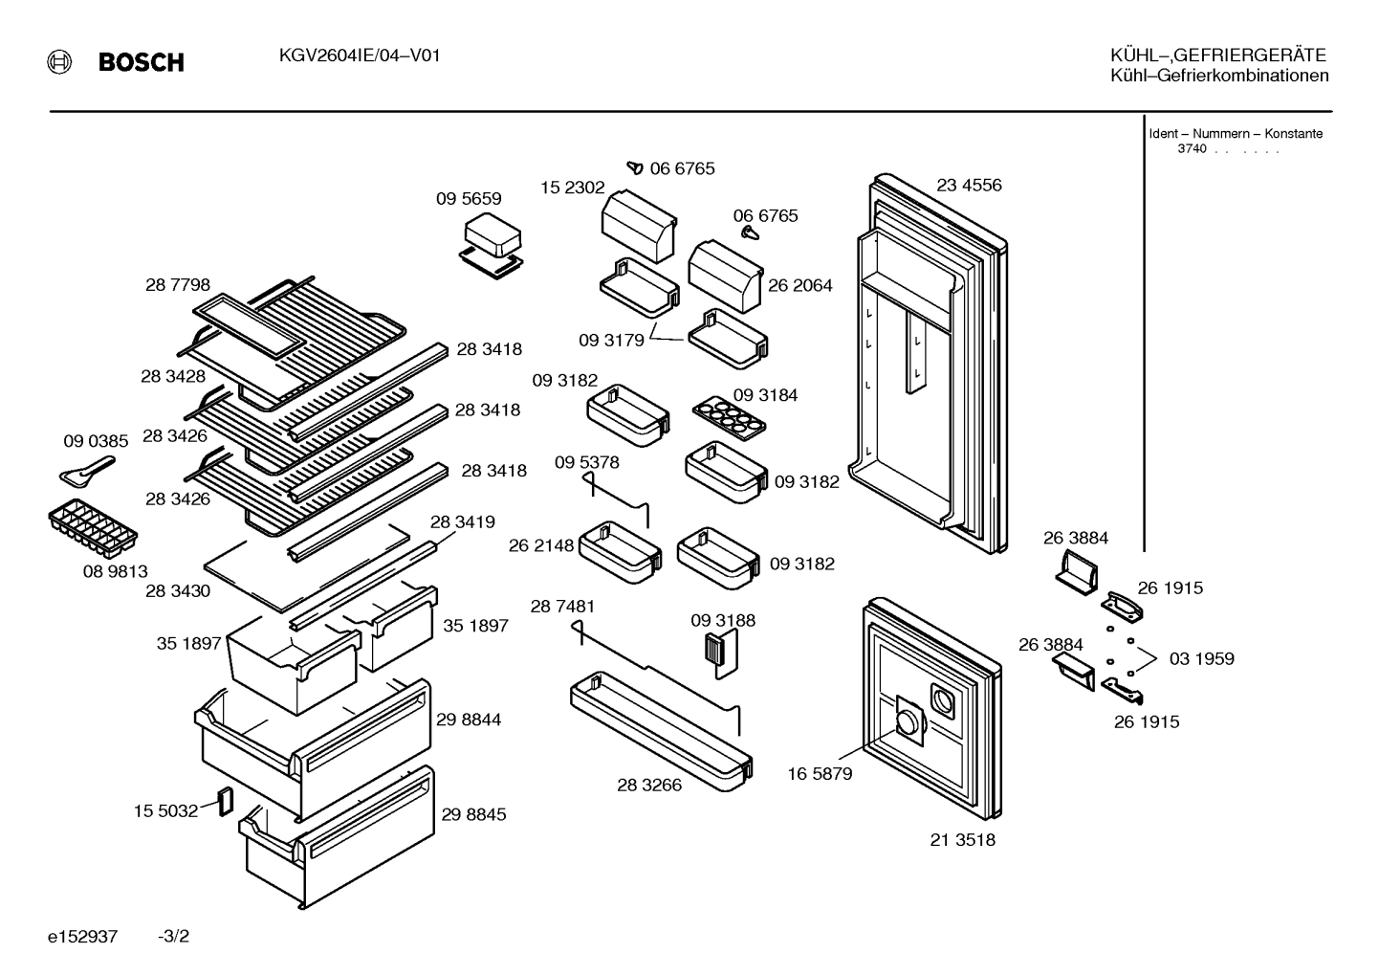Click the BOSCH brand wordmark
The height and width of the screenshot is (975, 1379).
pos(141,62)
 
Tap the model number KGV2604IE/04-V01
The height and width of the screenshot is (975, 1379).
pos(360,56)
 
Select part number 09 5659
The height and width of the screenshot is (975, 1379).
pos(469,198)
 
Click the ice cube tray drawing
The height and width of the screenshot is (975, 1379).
pos(93,528)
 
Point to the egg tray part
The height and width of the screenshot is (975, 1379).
pos(729,418)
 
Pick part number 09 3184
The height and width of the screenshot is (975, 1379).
pos(765,395)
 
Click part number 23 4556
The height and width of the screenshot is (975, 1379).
pos(969,185)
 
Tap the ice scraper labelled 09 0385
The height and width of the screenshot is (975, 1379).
pos(87,470)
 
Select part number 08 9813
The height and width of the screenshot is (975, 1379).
pos(115,571)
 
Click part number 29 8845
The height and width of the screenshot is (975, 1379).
pos(473,814)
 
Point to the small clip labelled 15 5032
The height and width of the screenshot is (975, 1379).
pos(227,801)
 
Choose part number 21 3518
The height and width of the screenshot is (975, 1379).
pos(962,839)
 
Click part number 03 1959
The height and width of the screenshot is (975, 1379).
pos(1202,658)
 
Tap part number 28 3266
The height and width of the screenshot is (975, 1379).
pos(649,785)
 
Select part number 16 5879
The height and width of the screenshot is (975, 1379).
pos(820,774)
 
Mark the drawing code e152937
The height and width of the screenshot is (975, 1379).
pos(82,937)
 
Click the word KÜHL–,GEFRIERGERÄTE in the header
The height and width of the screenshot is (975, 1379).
pos(1218,55)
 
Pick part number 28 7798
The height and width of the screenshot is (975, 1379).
pos(177,284)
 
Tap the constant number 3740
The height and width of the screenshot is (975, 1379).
pos(1192,148)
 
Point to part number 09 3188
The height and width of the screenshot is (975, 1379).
pos(723,620)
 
